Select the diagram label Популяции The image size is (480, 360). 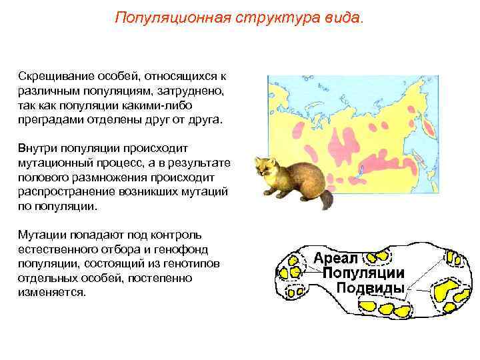(x=363, y=273)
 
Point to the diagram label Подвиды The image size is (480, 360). (x=369, y=288)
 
